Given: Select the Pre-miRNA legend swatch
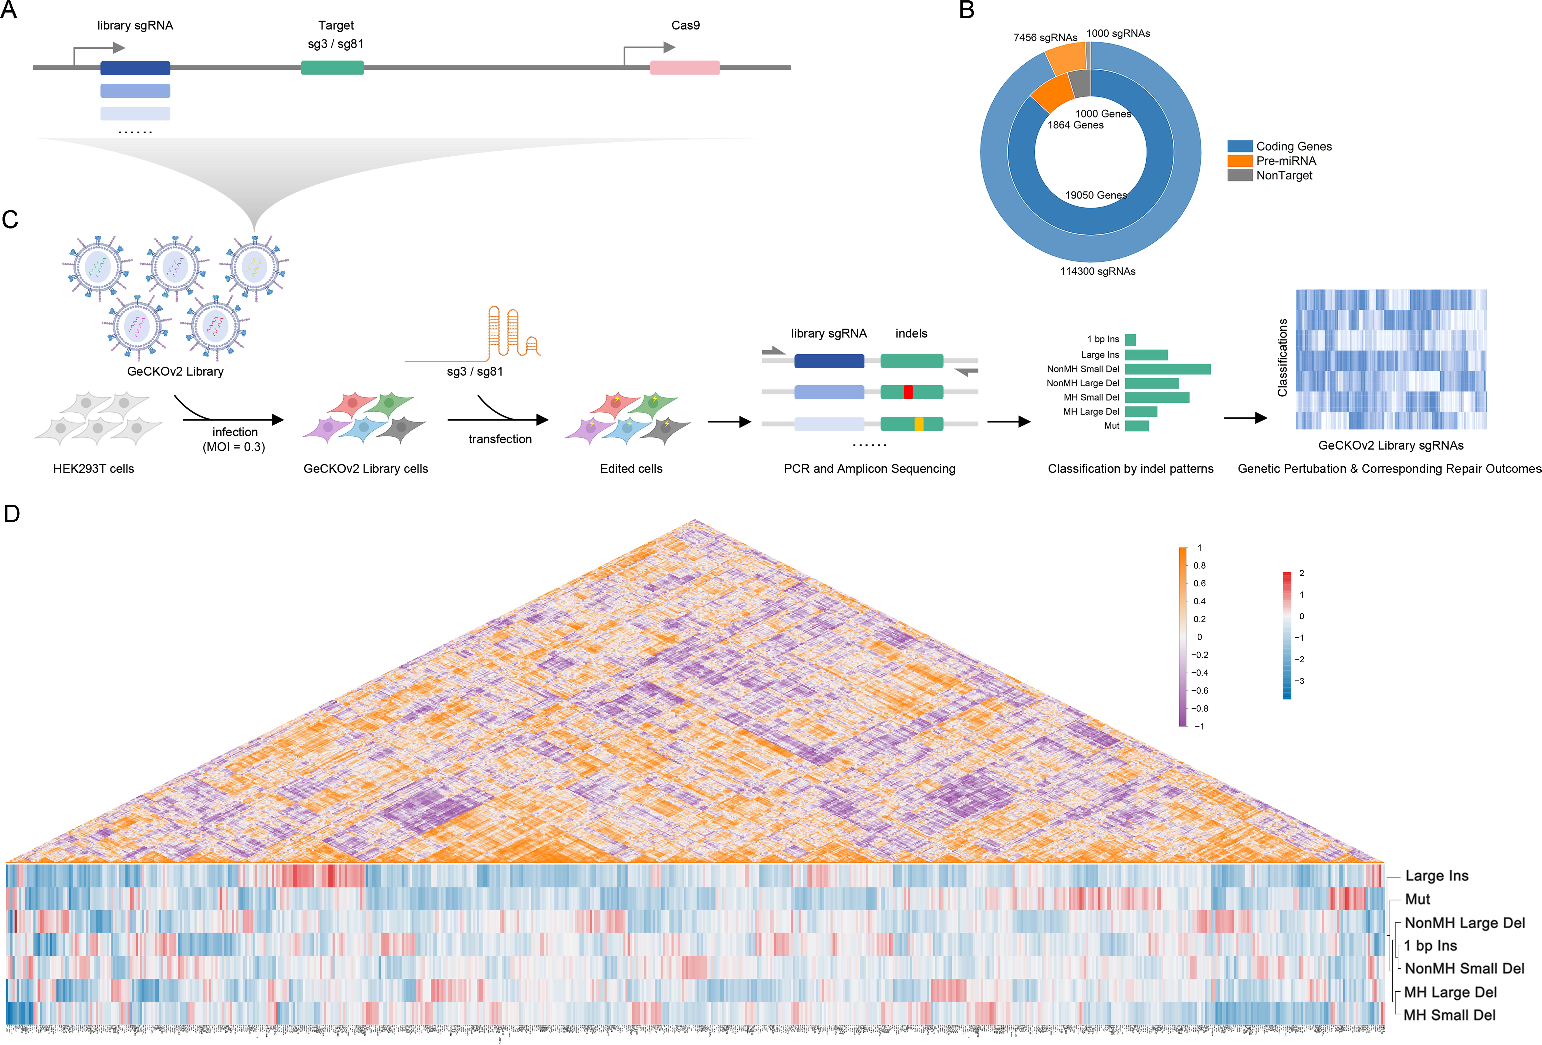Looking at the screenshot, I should click(1239, 161).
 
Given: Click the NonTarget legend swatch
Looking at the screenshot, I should click(1239, 175).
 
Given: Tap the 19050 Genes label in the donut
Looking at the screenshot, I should click(1096, 195).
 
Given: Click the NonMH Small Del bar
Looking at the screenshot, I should click(1167, 369).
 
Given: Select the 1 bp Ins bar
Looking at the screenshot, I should click(1130, 340).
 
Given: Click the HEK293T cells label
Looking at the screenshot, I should click(94, 468).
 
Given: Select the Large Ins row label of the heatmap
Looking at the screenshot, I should click(1436, 876).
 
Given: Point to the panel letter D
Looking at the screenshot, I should click(12, 513).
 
